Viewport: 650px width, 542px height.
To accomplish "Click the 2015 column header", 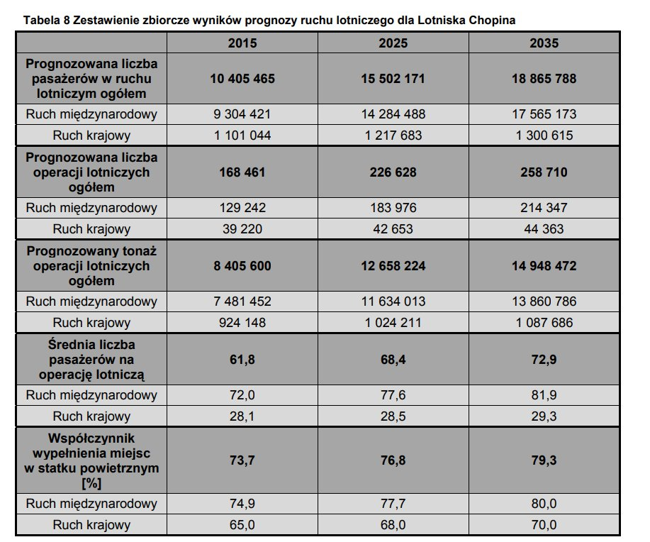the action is [242, 43].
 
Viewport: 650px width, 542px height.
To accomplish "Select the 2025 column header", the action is [393, 43].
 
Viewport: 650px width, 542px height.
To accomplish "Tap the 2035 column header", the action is [544, 43].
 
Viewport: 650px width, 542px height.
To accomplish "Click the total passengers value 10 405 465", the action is [242, 79].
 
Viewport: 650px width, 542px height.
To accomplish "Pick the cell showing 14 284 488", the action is [393, 114].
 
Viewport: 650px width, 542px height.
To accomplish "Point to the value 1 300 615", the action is [544, 135].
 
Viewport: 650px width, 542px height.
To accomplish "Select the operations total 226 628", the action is [393, 172].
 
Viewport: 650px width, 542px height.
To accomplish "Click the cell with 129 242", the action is [242, 207].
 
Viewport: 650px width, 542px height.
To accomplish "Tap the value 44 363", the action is [544, 229].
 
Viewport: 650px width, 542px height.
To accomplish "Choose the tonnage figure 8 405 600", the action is [242, 265].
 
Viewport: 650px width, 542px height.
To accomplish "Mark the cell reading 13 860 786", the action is [544, 302].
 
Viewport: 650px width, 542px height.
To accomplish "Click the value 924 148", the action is [242, 323].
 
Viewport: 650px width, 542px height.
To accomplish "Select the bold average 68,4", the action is [393, 360].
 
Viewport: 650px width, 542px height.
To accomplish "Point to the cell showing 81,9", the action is [544, 395].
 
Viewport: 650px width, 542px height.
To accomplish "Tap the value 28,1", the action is [242, 416].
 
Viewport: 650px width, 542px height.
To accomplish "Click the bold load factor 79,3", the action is [544, 460].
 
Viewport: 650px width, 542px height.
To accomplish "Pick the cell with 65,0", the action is [242, 524].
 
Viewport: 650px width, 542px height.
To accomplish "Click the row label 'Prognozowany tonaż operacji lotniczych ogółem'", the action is [91, 265].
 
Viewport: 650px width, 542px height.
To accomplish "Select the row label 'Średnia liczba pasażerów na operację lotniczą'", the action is [91, 360].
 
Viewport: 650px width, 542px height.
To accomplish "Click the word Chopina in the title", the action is [492, 20].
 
